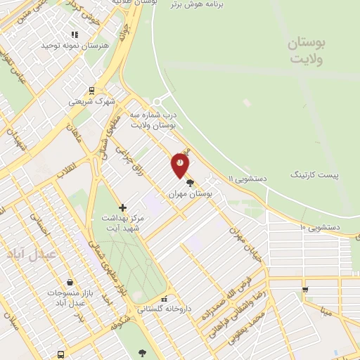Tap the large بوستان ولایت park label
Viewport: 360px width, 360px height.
308,51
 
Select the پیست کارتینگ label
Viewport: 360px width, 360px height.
314,174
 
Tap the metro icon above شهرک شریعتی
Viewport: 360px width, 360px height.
91,90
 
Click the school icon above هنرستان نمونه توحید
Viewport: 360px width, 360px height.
75,34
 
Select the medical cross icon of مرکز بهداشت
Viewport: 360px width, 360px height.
123,207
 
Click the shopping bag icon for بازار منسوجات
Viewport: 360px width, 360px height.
69,282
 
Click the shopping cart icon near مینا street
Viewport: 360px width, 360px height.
304,290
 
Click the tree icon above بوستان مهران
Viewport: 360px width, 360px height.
190,183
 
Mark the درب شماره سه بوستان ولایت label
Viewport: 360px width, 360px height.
153,120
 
